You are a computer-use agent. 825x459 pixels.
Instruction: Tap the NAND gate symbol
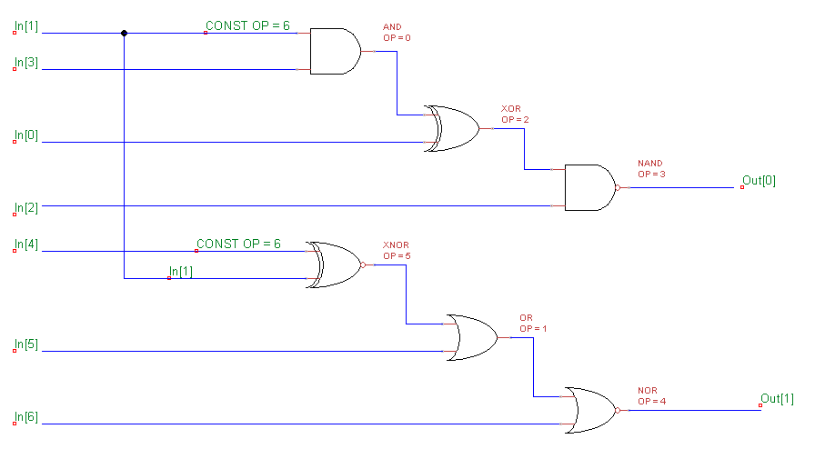[589, 187]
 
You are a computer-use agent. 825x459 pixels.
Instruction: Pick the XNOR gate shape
[335, 264]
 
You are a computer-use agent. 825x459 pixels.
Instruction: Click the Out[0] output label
[759, 181]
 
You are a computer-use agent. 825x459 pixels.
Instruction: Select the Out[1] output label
[777, 399]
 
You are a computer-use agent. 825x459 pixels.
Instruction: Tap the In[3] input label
[26, 63]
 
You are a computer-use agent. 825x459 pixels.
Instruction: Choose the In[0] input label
[26, 135]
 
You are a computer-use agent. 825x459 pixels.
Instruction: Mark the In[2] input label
[26, 208]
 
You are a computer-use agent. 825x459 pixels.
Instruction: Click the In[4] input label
[26, 244]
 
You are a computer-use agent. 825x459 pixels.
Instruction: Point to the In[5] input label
[26, 344]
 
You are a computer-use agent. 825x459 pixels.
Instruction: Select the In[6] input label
[26, 417]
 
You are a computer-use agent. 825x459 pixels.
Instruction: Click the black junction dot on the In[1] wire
[124, 33]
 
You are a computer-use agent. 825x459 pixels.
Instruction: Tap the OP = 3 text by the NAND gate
[652, 174]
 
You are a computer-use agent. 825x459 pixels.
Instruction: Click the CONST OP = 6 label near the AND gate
[247, 26]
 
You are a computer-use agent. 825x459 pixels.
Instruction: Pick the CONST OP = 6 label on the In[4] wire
[238, 244]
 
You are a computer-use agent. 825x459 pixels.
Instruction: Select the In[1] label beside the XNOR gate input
[181, 272]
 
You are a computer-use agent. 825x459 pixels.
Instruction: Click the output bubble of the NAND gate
[617, 187]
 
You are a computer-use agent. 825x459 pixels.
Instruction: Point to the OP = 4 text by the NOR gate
[652, 401]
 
